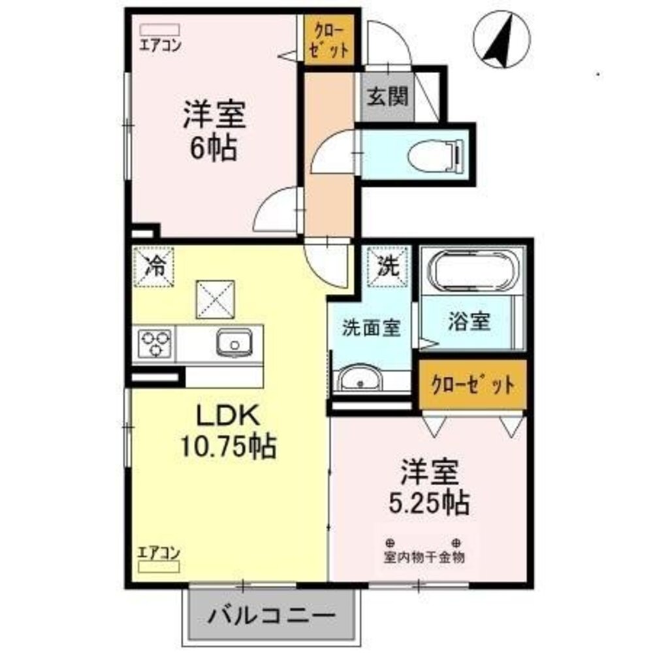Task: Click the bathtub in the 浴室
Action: pos(473,272)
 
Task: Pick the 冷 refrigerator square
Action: pos(155,266)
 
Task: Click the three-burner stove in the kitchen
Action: pos(155,343)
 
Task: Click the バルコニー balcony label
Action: pos(273,614)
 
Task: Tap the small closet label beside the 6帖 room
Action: pos(328,40)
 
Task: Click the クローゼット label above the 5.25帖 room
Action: pos(472,385)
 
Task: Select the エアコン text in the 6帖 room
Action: pos(159,46)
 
